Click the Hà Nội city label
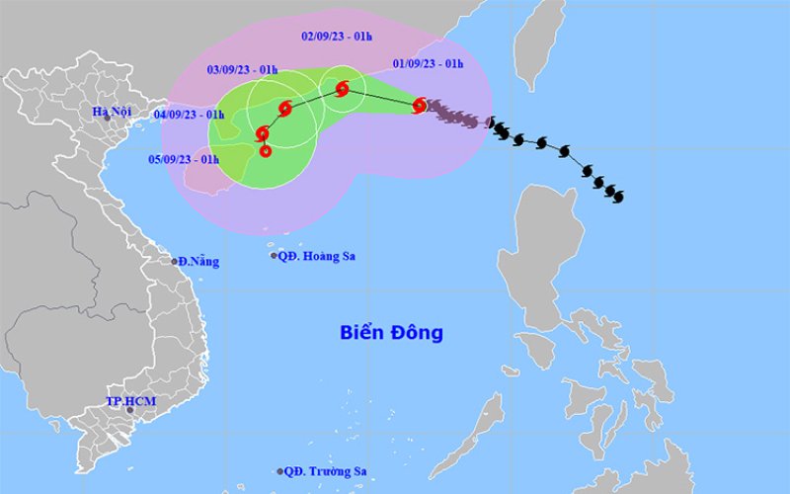click(x=112, y=112)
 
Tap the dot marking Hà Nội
click(x=108, y=119)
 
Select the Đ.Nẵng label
click(x=198, y=262)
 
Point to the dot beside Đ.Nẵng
click(x=175, y=262)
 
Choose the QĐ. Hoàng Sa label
click(x=317, y=256)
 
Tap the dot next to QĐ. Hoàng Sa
click(x=275, y=256)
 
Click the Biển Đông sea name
click(x=392, y=333)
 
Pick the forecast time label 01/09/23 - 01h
click(x=428, y=63)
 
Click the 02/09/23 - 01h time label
click(x=336, y=37)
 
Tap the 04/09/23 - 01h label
click(x=188, y=114)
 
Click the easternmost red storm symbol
click(x=420, y=104)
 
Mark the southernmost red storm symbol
click(x=266, y=150)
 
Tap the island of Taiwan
click(x=539, y=44)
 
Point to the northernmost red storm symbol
click(x=342, y=89)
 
